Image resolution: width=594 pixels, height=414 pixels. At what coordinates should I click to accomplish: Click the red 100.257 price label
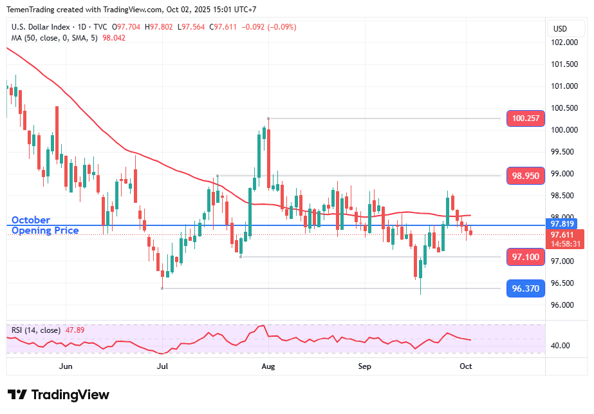[526, 118]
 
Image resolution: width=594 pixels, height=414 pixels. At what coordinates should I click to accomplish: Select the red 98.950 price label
[526, 176]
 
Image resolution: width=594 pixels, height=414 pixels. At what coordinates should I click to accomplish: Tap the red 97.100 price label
[526, 258]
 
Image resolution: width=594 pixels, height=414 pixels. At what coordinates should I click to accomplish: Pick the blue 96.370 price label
[526, 289]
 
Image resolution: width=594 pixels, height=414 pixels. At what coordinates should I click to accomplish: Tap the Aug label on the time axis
[268, 366]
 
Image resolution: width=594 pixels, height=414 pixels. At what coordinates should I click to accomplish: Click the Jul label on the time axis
[162, 366]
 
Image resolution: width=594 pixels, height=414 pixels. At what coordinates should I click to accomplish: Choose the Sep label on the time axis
[365, 366]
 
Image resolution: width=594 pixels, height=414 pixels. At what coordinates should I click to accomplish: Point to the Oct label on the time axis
[466, 366]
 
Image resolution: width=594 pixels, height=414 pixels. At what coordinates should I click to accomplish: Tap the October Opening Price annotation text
[45, 225]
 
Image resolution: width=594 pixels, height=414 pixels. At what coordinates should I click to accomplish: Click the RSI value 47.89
[75, 330]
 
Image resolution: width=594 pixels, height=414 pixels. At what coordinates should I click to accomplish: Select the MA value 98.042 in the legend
[114, 38]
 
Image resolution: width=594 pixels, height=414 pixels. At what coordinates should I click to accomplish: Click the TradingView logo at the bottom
[59, 395]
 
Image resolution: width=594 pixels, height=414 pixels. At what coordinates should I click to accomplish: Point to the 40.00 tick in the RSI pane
[561, 346]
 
